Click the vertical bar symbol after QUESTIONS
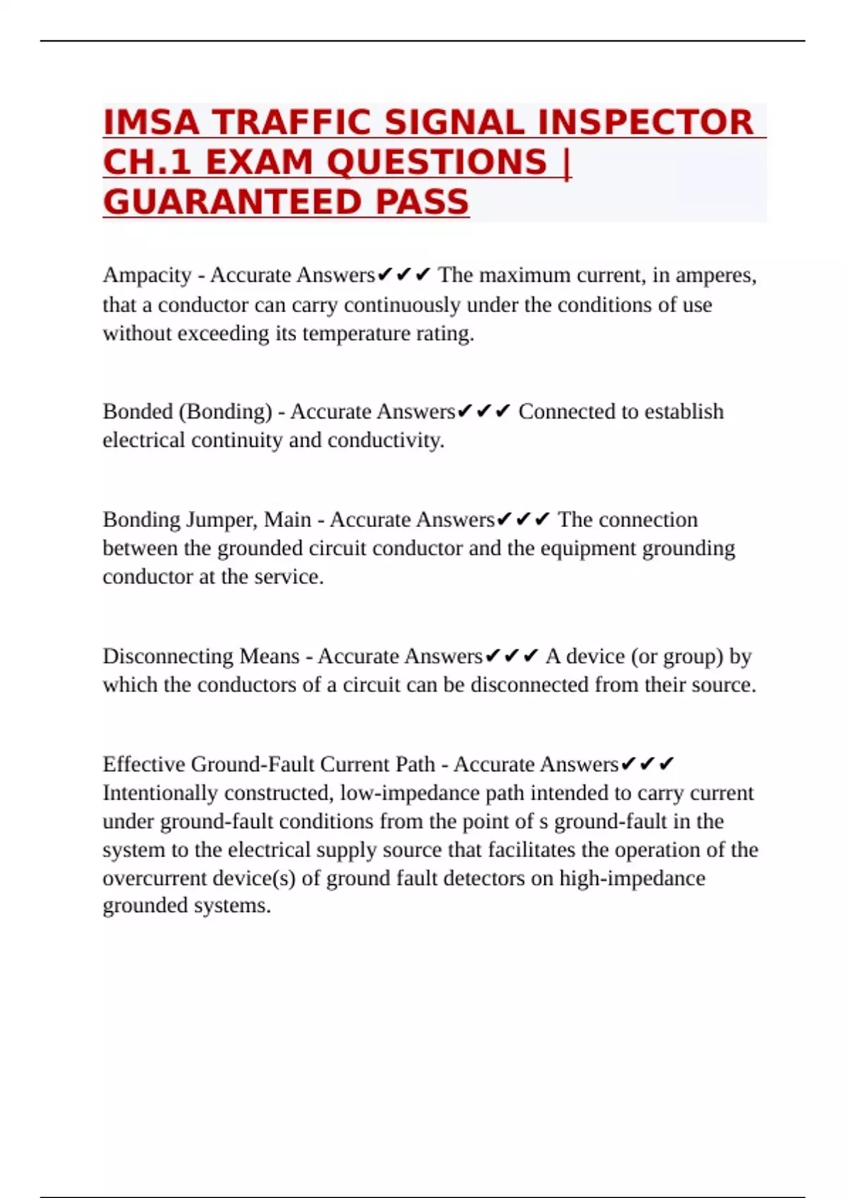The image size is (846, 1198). point(568,162)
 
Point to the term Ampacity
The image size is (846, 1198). point(147,275)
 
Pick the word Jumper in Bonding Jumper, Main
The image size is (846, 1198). point(221,519)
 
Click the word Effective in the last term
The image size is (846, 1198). point(144,764)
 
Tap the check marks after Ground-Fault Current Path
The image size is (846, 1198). point(648,764)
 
